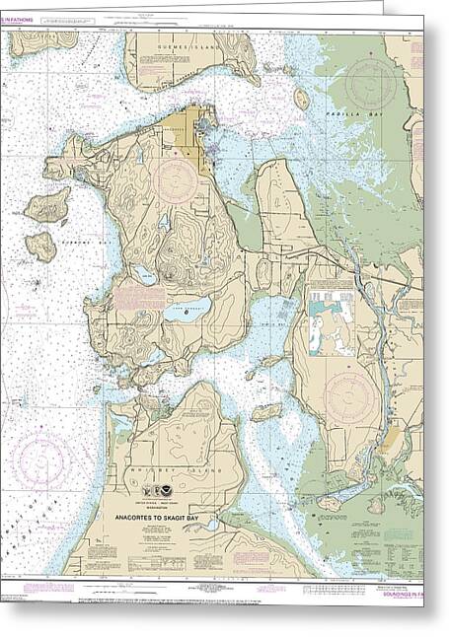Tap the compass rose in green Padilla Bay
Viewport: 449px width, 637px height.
[371, 83]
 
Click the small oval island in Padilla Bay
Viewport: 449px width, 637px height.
[302, 99]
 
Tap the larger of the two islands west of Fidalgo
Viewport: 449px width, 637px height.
[46, 207]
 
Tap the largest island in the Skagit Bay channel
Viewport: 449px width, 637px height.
[266, 411]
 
